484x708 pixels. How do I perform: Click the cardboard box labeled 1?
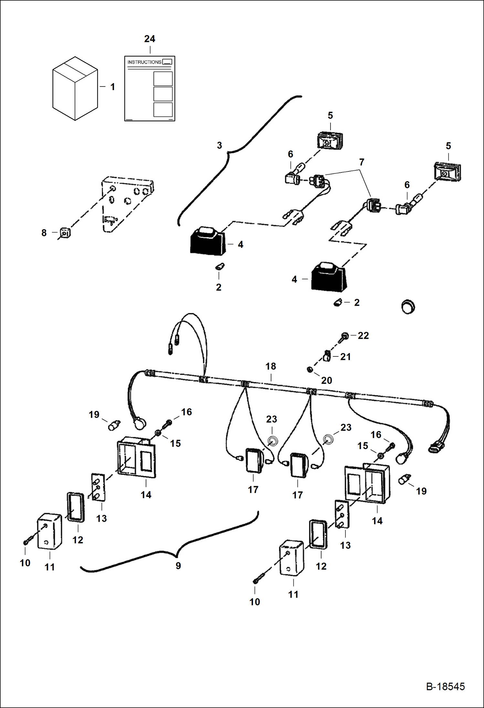75,89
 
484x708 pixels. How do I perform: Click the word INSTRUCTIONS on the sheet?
144,62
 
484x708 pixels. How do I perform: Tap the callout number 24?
150,39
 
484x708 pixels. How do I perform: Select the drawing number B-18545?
445,687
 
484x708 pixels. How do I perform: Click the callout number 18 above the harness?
271,366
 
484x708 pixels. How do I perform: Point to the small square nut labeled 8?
65,233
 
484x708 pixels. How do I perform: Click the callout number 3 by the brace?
219,145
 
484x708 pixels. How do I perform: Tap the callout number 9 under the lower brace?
178,566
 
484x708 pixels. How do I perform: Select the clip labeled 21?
326,356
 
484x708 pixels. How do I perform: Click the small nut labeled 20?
309,369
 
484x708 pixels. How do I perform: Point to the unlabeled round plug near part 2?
408,306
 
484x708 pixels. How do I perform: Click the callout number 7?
362,162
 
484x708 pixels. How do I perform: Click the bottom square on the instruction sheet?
163,110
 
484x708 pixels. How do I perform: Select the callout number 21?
345,357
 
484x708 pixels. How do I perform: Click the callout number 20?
326,380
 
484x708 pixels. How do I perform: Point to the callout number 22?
363,336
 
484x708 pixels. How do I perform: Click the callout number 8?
44,233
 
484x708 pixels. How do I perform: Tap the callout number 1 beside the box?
112,87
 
